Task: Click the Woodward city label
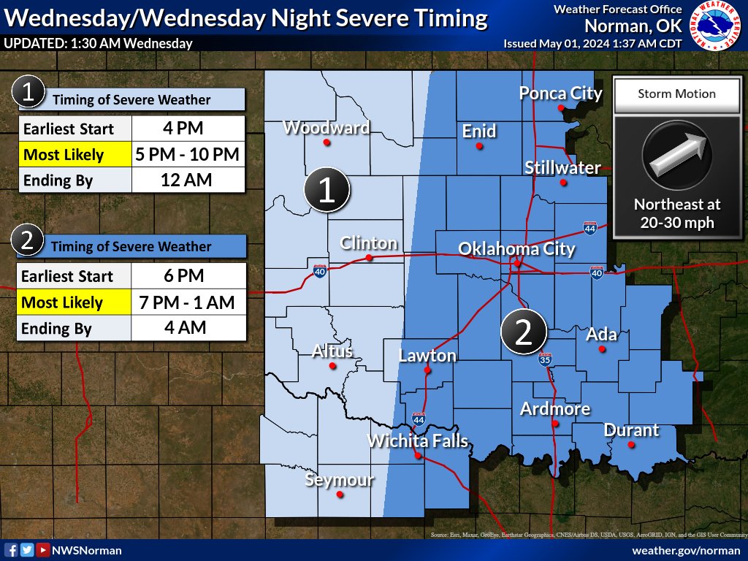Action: tap(326, 128)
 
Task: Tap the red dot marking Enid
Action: tap(479, 146)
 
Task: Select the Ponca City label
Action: tap(560, 93)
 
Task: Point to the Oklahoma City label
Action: tap(516, 249)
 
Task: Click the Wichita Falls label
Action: tap(417, 441)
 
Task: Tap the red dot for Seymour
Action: tap(340, 495)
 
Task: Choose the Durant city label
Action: tap(631, 430)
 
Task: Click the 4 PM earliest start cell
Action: tap(188, 129)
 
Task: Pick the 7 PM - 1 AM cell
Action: tap(188, 302)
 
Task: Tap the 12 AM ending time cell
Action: tap(188, 180)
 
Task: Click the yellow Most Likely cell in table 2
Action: tap(73, 302)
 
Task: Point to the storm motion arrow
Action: tap(676, 156)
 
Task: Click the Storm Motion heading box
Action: tap(676, 93)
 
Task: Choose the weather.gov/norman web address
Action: tap(686, 550)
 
